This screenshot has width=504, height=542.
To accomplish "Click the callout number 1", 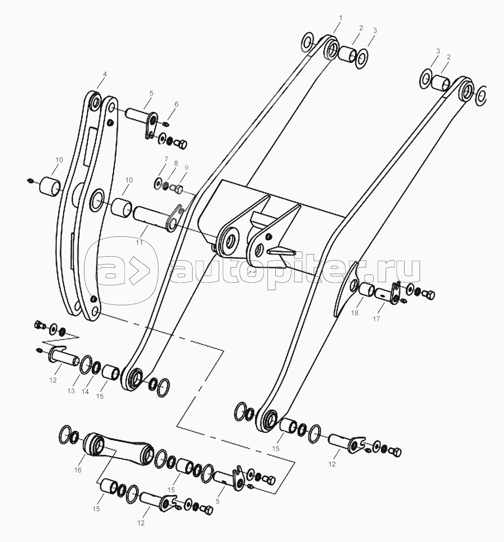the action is point(341,18).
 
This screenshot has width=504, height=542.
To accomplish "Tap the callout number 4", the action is point(105,75).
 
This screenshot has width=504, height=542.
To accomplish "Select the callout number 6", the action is point(176,105).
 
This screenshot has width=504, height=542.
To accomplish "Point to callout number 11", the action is point(140,242).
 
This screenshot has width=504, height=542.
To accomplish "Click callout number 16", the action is point(78,470).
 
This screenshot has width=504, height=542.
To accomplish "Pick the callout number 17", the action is point(376,318).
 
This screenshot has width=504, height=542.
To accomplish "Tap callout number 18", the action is point(355,313).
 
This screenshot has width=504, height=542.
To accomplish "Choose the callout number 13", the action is point(71,391).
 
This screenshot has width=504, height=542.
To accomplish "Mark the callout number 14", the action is point(85,392).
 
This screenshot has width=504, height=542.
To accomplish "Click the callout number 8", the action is point(176,163).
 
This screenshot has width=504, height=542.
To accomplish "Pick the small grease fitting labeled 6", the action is point(166,125).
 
